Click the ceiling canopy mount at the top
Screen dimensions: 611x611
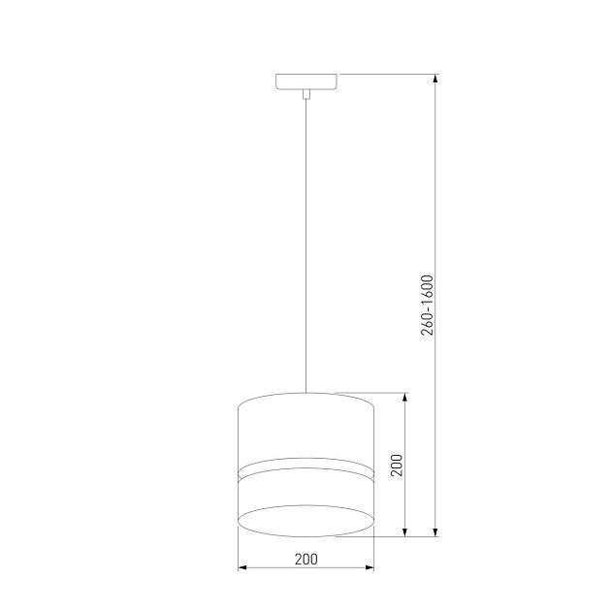click(306, 81)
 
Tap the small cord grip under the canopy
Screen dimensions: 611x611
click(306, 94)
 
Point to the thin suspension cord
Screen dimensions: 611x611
click(306, 242)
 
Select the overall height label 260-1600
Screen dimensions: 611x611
click(428, 305)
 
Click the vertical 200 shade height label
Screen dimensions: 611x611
click(396, 465)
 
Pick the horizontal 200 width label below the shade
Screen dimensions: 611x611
click(305, 559)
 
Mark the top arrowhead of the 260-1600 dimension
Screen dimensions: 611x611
click(436, 79)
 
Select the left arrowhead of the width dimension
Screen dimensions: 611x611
click(242, 568)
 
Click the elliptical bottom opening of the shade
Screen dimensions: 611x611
click(305, 519)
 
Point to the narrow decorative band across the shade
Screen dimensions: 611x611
click(305, 468)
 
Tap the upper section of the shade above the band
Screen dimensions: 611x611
click(305, 427)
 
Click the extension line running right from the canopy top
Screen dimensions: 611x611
click(388, 74)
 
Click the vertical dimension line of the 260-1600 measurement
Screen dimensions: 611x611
click(436, 194)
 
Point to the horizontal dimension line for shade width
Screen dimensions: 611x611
click(272, 568)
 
